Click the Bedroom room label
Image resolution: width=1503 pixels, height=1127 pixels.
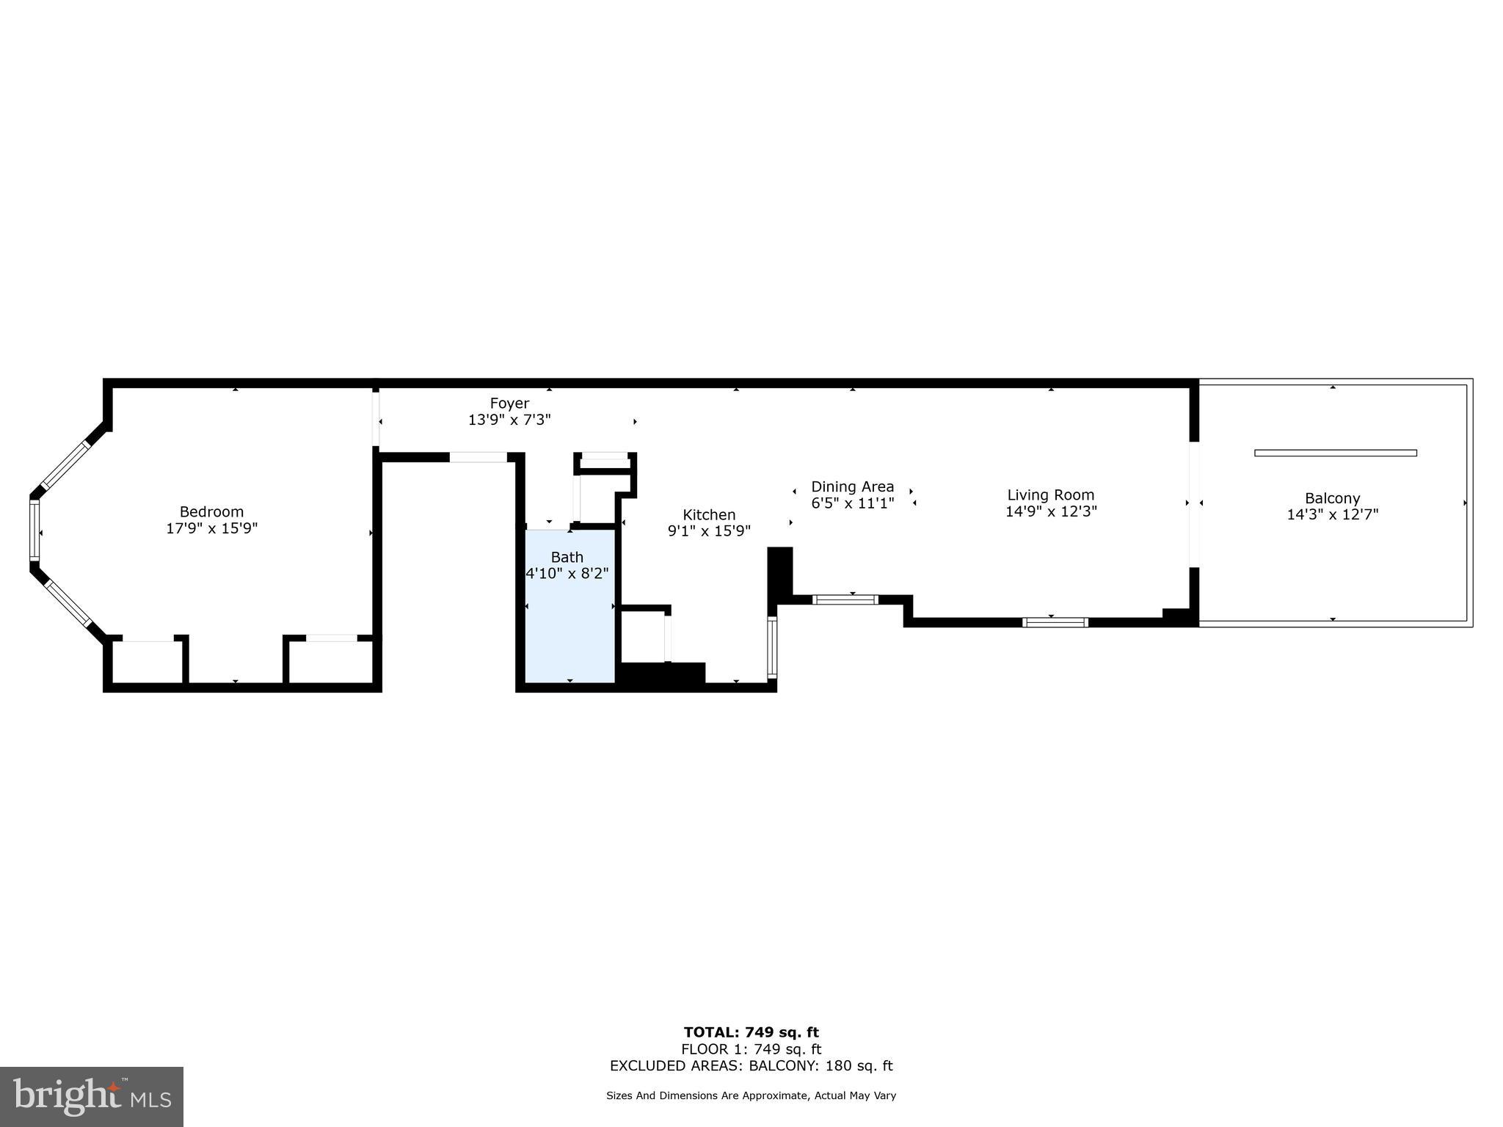click(211, 511)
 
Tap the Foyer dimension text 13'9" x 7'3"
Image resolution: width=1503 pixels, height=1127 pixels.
click(509, 420)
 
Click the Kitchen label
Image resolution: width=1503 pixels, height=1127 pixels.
click(709, 515)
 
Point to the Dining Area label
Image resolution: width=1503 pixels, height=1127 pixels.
click(852, 486)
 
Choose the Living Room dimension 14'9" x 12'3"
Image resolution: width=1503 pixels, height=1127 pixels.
click(1050, 512)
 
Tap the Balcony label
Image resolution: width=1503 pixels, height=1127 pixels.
click(1332, 498)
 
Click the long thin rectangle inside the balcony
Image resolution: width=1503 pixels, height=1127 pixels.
click(1335, 453)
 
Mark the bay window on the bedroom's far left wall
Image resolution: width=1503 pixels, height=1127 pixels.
click(34, 530)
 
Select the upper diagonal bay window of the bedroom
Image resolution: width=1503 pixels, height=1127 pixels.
click(67, 465)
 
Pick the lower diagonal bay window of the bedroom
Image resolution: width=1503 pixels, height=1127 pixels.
click(68, 603)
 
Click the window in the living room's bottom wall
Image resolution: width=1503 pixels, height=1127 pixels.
click(1055, 622)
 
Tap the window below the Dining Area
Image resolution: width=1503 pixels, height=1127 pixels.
click(845, 599)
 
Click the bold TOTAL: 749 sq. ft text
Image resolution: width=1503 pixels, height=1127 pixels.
click(751, 1033)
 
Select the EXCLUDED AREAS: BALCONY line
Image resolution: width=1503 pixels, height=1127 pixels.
click(751, 1066)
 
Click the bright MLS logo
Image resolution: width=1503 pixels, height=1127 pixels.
click(92, 1096)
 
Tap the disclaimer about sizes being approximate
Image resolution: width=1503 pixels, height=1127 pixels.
click(751, 1095)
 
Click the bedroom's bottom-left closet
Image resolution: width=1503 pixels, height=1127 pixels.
click(148, 662)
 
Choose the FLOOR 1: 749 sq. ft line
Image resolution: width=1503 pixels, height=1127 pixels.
click(751, 1049)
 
